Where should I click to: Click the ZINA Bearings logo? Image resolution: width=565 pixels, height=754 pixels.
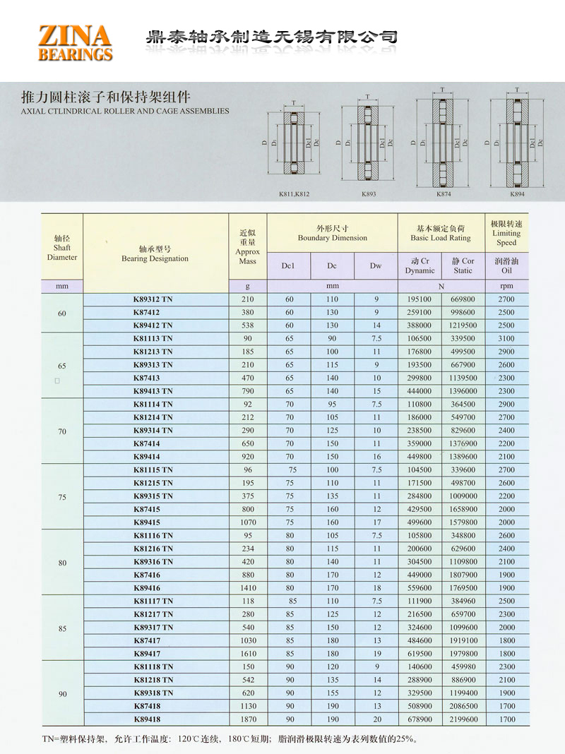click(75, 42)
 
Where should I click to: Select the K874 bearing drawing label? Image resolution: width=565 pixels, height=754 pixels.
click(443, 193)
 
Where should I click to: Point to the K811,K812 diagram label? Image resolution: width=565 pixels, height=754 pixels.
click(295, 193)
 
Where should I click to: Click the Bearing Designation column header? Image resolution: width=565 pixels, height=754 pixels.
click(155, 253)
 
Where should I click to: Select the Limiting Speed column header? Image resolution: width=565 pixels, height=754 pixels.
click(506, 233)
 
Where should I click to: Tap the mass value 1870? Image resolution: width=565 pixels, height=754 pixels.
click(248, 719)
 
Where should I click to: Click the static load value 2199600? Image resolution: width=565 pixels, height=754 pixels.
click(463, 719)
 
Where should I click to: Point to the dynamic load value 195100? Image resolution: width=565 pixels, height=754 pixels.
click(420, 299)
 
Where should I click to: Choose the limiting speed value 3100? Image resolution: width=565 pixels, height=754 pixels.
click(506, 338)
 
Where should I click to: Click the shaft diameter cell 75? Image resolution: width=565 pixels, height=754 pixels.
click(62, 497)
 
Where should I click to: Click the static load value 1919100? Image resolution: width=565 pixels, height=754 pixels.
click(463, 640)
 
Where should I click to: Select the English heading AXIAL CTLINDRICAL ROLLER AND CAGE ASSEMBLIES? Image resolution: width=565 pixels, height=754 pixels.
click(125, 111)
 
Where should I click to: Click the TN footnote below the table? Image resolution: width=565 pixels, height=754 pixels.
click(230, 739)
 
